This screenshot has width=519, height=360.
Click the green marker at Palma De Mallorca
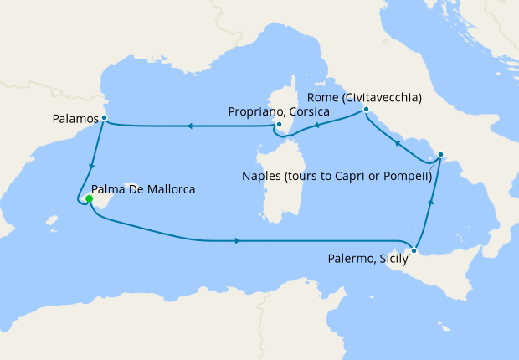click(88, 198)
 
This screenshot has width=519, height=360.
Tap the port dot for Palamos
click(103, 118)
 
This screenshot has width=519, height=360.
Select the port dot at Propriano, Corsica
click(278, 125)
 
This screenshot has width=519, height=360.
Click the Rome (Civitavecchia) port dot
click(366, 110)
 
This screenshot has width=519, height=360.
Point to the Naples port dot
click(441, 155)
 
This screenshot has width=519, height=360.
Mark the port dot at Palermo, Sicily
click(414, 250)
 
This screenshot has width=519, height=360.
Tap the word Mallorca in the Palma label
click(171, 190)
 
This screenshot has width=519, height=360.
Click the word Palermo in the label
click(349, 260)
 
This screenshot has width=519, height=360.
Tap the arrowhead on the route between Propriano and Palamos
click(190, 126)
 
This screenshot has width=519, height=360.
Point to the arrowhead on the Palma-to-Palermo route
click(239, 241)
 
